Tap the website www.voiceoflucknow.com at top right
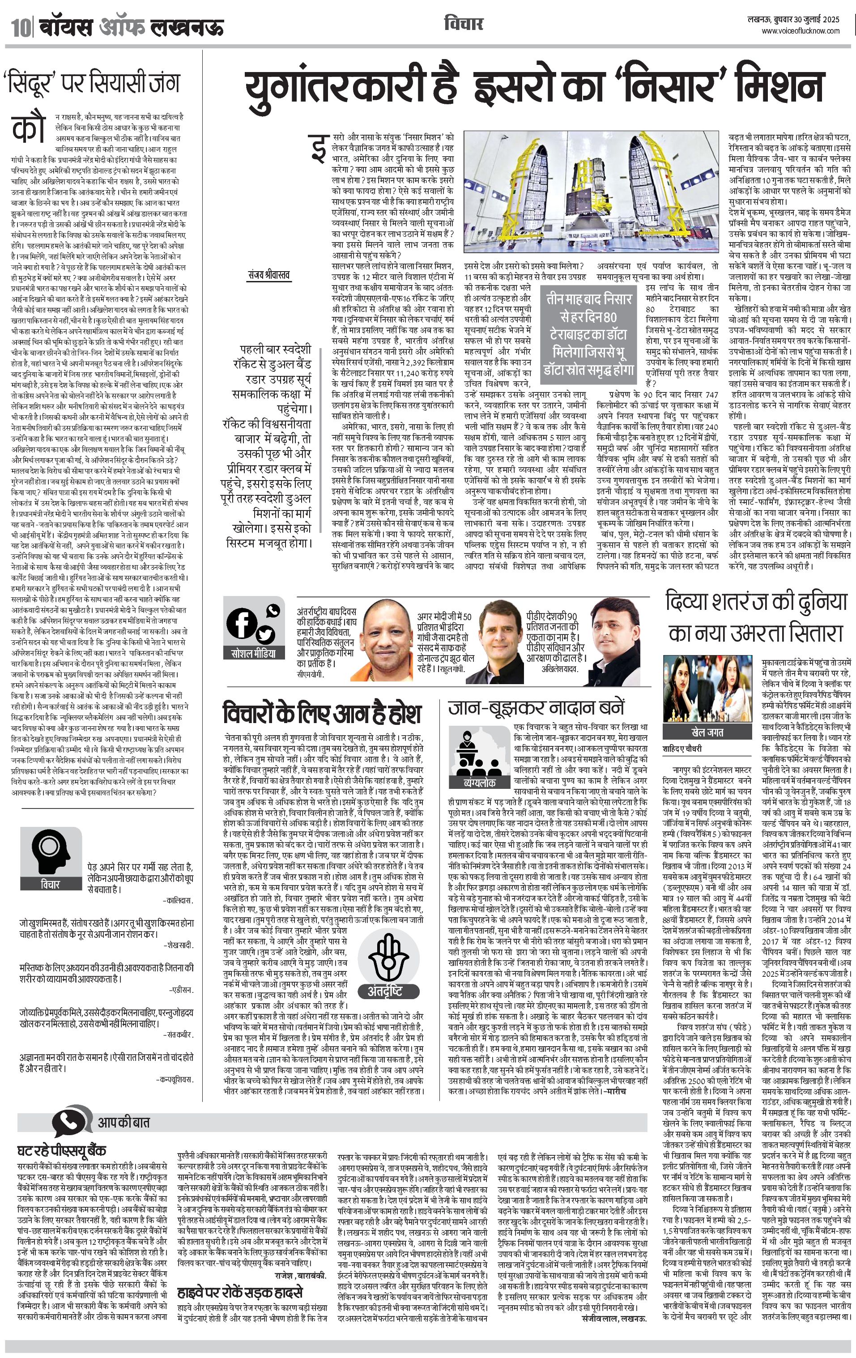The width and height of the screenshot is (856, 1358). click(x=800, y=32)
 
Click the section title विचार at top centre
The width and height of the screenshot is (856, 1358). click(x=463, y=24)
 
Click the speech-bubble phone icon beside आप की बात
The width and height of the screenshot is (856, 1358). click(x=72, y=1121)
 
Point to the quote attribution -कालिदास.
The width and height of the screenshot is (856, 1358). click(x=178, y=901)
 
